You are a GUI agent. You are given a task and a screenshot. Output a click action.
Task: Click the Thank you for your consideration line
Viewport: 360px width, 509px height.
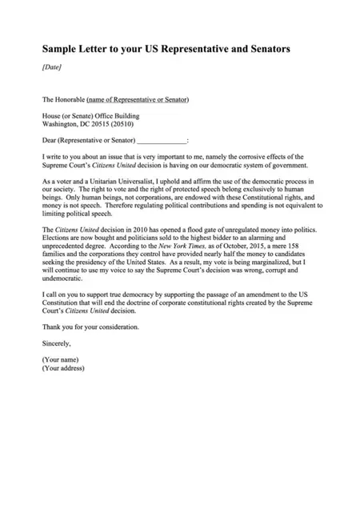coord(90,327)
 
